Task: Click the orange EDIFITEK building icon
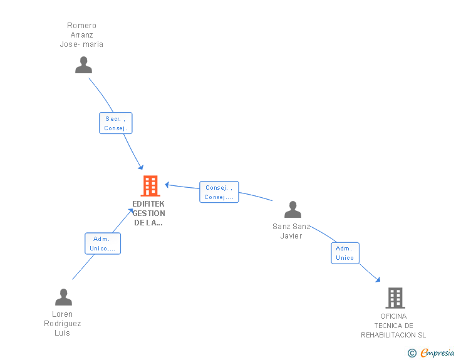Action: coord(150,185)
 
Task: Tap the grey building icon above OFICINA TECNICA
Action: coord(395,298)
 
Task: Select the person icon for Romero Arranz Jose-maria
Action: coord(83,65)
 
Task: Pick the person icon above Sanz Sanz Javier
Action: coord(293,209)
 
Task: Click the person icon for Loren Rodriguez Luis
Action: coord(63,297)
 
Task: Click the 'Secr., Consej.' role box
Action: coord(116,123)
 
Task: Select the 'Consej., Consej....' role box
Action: coord(219,192)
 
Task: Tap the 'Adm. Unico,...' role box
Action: coord(103,244)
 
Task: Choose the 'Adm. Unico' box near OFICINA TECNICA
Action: coord(345,253)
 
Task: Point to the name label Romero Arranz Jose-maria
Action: coord(81,35)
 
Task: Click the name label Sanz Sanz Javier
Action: coord(291,231)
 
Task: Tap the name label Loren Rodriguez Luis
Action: coord(62,323)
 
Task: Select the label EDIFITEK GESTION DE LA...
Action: coord(148,213)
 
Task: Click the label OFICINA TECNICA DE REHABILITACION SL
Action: coord(393,326)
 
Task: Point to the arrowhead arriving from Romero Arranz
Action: coord(141,167)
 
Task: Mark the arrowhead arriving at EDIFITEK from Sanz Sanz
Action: coord(167,185)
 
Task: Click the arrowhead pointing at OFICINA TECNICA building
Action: coord(378,280)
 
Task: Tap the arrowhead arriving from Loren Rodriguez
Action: coord(130,210)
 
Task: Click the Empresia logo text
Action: coord(437,352)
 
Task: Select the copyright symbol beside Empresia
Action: coord(412,353)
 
